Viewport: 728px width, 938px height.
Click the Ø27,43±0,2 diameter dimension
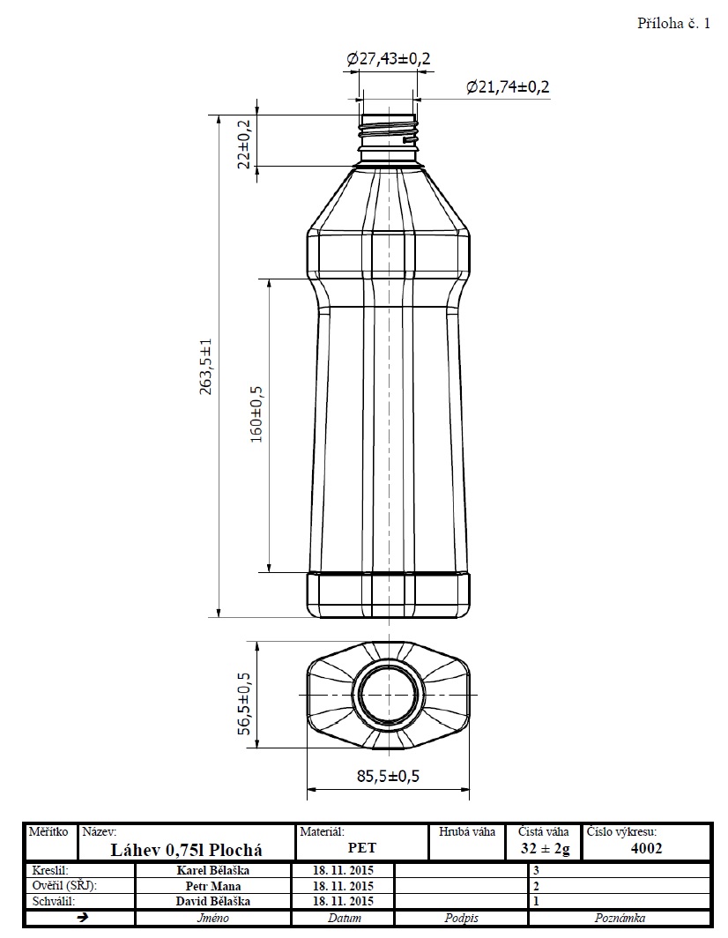click(x=389, y=58)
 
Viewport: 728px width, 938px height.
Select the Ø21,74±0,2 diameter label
click(x=508, y=86)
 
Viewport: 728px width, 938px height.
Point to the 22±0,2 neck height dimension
click(x=244, y=144)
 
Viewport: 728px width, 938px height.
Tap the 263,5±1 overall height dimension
click(x=205, y=367)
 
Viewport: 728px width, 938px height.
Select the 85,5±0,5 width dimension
click(x=388, y=776)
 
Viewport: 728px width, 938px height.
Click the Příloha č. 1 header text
click(x=673, y=23)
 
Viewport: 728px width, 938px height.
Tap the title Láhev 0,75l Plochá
click(x=187, y=850)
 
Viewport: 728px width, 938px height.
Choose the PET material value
click(x=362, y=848)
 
